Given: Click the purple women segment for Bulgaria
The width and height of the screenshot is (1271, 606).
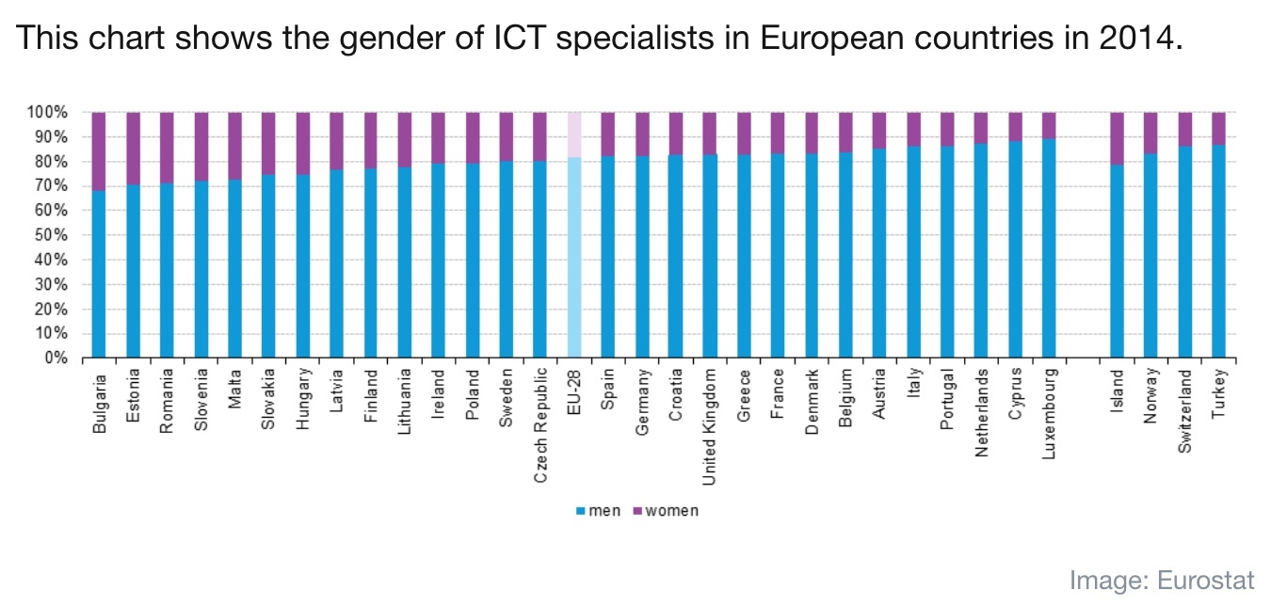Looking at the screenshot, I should tap(99, 151).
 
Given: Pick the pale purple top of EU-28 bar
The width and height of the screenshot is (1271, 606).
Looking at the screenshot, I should tap(573, 135).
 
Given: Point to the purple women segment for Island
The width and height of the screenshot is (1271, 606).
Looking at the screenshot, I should tap(1118, 138).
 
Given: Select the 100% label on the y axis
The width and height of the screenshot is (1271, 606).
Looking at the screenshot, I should tap(52, 113).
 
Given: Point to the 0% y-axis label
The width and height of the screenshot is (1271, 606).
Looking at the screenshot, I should tap(58, 359).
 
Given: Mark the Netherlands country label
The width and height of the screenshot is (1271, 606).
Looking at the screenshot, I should tap(982, 412).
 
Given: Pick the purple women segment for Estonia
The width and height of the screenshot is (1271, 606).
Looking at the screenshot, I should tap(134, 148).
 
